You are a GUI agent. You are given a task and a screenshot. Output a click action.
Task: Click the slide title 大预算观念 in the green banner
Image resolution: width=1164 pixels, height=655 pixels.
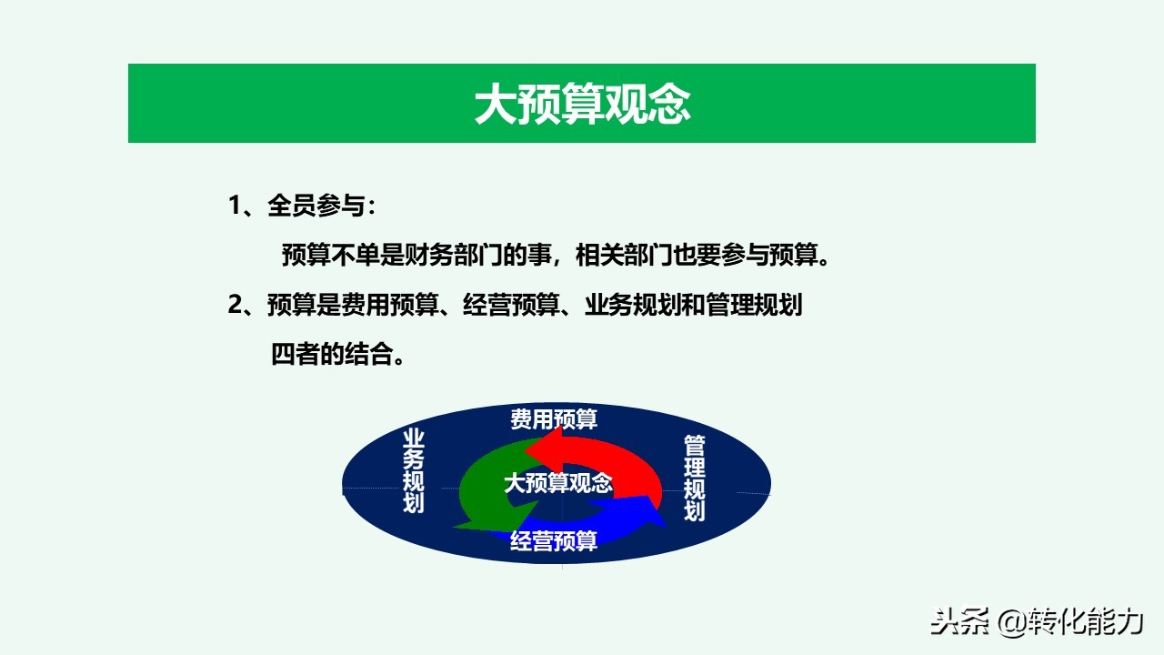[582, 105]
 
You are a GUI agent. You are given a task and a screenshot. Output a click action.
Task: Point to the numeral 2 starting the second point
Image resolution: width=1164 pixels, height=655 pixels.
[234, 305]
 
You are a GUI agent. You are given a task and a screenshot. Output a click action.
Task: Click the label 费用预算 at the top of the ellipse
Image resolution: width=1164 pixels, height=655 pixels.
[554, 419]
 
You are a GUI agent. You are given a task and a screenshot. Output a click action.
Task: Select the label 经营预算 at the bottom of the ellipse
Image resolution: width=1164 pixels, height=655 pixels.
[554, 540]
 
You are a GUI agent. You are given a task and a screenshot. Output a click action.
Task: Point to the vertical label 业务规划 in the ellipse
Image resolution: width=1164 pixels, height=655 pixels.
[414, 471]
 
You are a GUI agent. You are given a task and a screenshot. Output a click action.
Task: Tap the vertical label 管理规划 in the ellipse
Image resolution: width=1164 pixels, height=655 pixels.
[695, 478]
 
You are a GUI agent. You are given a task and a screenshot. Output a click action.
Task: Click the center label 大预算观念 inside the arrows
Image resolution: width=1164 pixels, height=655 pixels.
[558, 483]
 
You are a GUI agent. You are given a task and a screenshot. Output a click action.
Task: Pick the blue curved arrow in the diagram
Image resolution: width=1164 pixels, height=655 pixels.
[627, 519]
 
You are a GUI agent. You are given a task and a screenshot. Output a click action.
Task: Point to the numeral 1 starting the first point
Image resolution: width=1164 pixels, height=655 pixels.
[234, 207]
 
